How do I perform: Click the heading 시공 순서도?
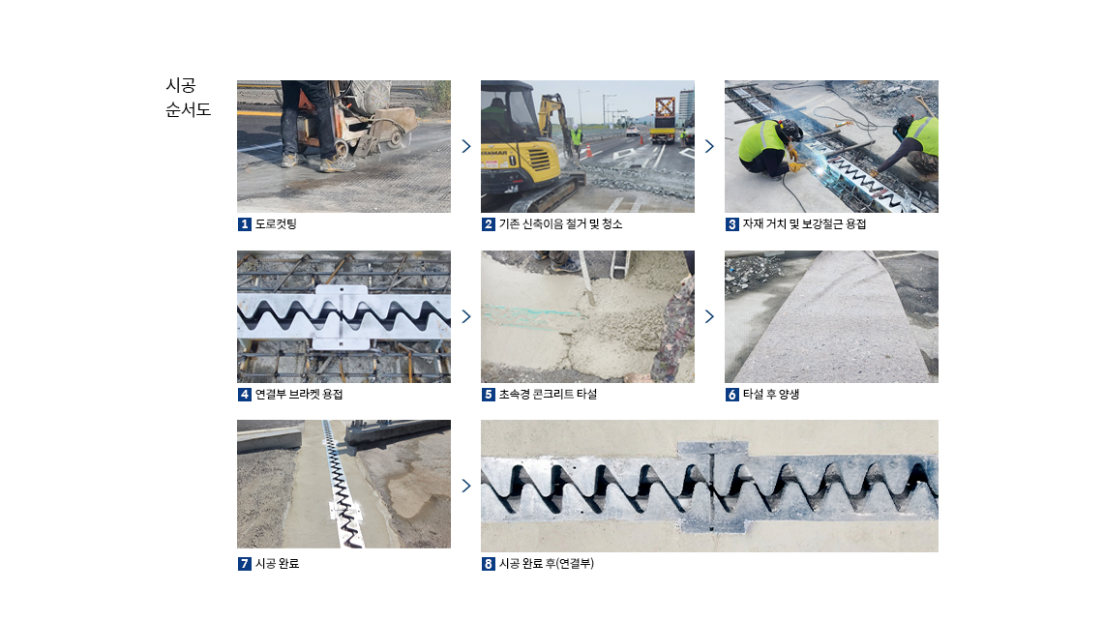click(188, 97)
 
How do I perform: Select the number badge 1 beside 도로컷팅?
click(244, 224)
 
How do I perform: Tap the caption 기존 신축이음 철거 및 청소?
click(560, 224)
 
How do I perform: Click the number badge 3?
click(732, 224)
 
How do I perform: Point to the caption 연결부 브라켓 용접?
click(299, 395)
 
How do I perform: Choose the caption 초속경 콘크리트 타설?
click(548, 395)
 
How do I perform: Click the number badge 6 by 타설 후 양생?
click(732, 395)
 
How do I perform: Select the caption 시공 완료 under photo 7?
click(277, 564)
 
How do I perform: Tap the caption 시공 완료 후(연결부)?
click(547, 564)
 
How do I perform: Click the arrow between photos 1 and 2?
click(466, 146)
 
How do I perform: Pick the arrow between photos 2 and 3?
click(710, 146)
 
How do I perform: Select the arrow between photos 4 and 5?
click(466, 316)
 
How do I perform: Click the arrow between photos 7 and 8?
click(466, 486)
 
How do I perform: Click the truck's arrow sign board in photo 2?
click(665, 107)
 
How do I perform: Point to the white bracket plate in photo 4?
click(342, 316)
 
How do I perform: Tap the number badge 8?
click(489, 564)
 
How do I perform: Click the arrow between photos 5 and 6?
click(710, 316)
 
